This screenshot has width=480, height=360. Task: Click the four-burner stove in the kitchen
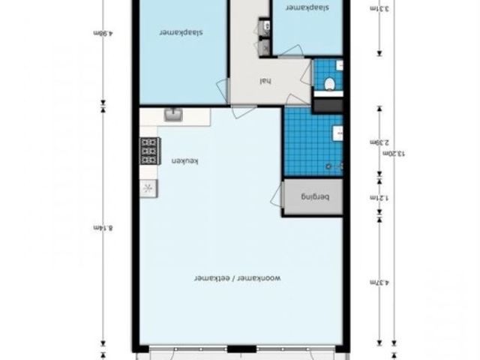[x=148, y=152]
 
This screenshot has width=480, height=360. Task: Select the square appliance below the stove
[x=147, y=188]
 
